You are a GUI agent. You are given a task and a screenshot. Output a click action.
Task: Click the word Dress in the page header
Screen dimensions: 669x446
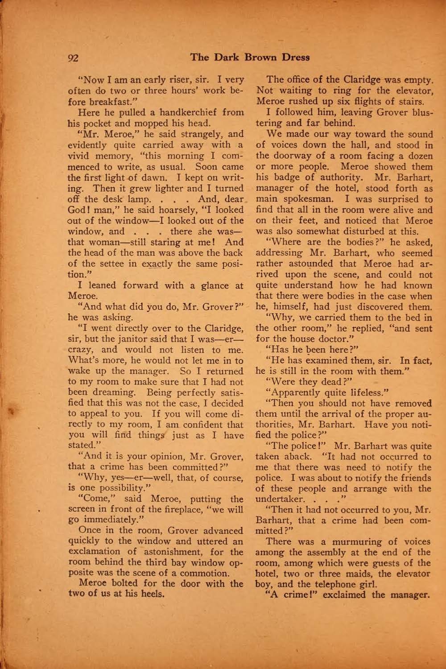coord(294,57)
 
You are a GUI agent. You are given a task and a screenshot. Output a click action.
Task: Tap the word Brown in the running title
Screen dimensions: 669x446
coord(256,57)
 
